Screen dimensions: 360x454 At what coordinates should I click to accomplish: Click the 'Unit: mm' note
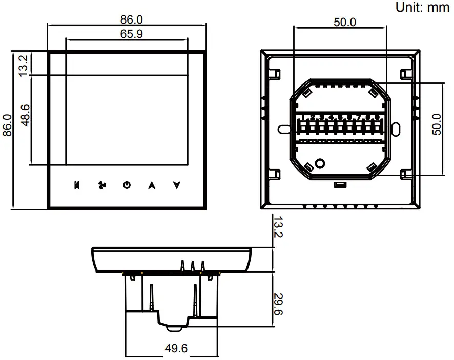422,7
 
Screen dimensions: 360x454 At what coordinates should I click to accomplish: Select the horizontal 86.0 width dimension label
132,19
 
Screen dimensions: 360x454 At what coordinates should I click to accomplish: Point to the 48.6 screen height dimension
25,114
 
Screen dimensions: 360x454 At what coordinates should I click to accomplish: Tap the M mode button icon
76,185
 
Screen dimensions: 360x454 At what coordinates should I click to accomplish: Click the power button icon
127,185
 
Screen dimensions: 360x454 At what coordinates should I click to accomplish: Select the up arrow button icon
152,185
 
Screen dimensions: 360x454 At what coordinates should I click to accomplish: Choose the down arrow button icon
177,185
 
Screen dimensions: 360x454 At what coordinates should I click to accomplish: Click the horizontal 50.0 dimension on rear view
345,23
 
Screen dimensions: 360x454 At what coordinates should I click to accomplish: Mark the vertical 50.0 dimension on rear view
436,124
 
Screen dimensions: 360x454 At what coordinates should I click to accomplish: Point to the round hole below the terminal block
320,163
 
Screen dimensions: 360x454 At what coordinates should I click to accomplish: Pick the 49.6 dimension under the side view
176,348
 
